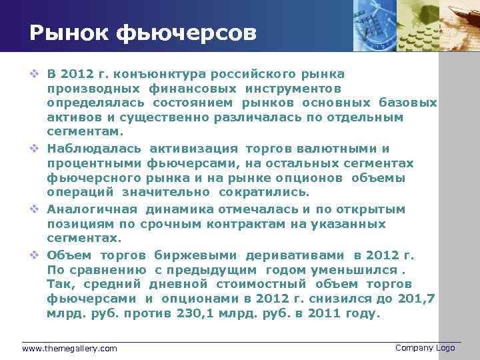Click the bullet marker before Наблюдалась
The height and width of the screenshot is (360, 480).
coord(35,149)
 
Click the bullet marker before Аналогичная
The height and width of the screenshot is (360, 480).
coord(35,209)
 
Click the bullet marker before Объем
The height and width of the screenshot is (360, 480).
coord(35,255)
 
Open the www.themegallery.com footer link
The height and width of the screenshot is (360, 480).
coord(69,348)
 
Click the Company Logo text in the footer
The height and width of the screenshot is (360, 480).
coord(425,347)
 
